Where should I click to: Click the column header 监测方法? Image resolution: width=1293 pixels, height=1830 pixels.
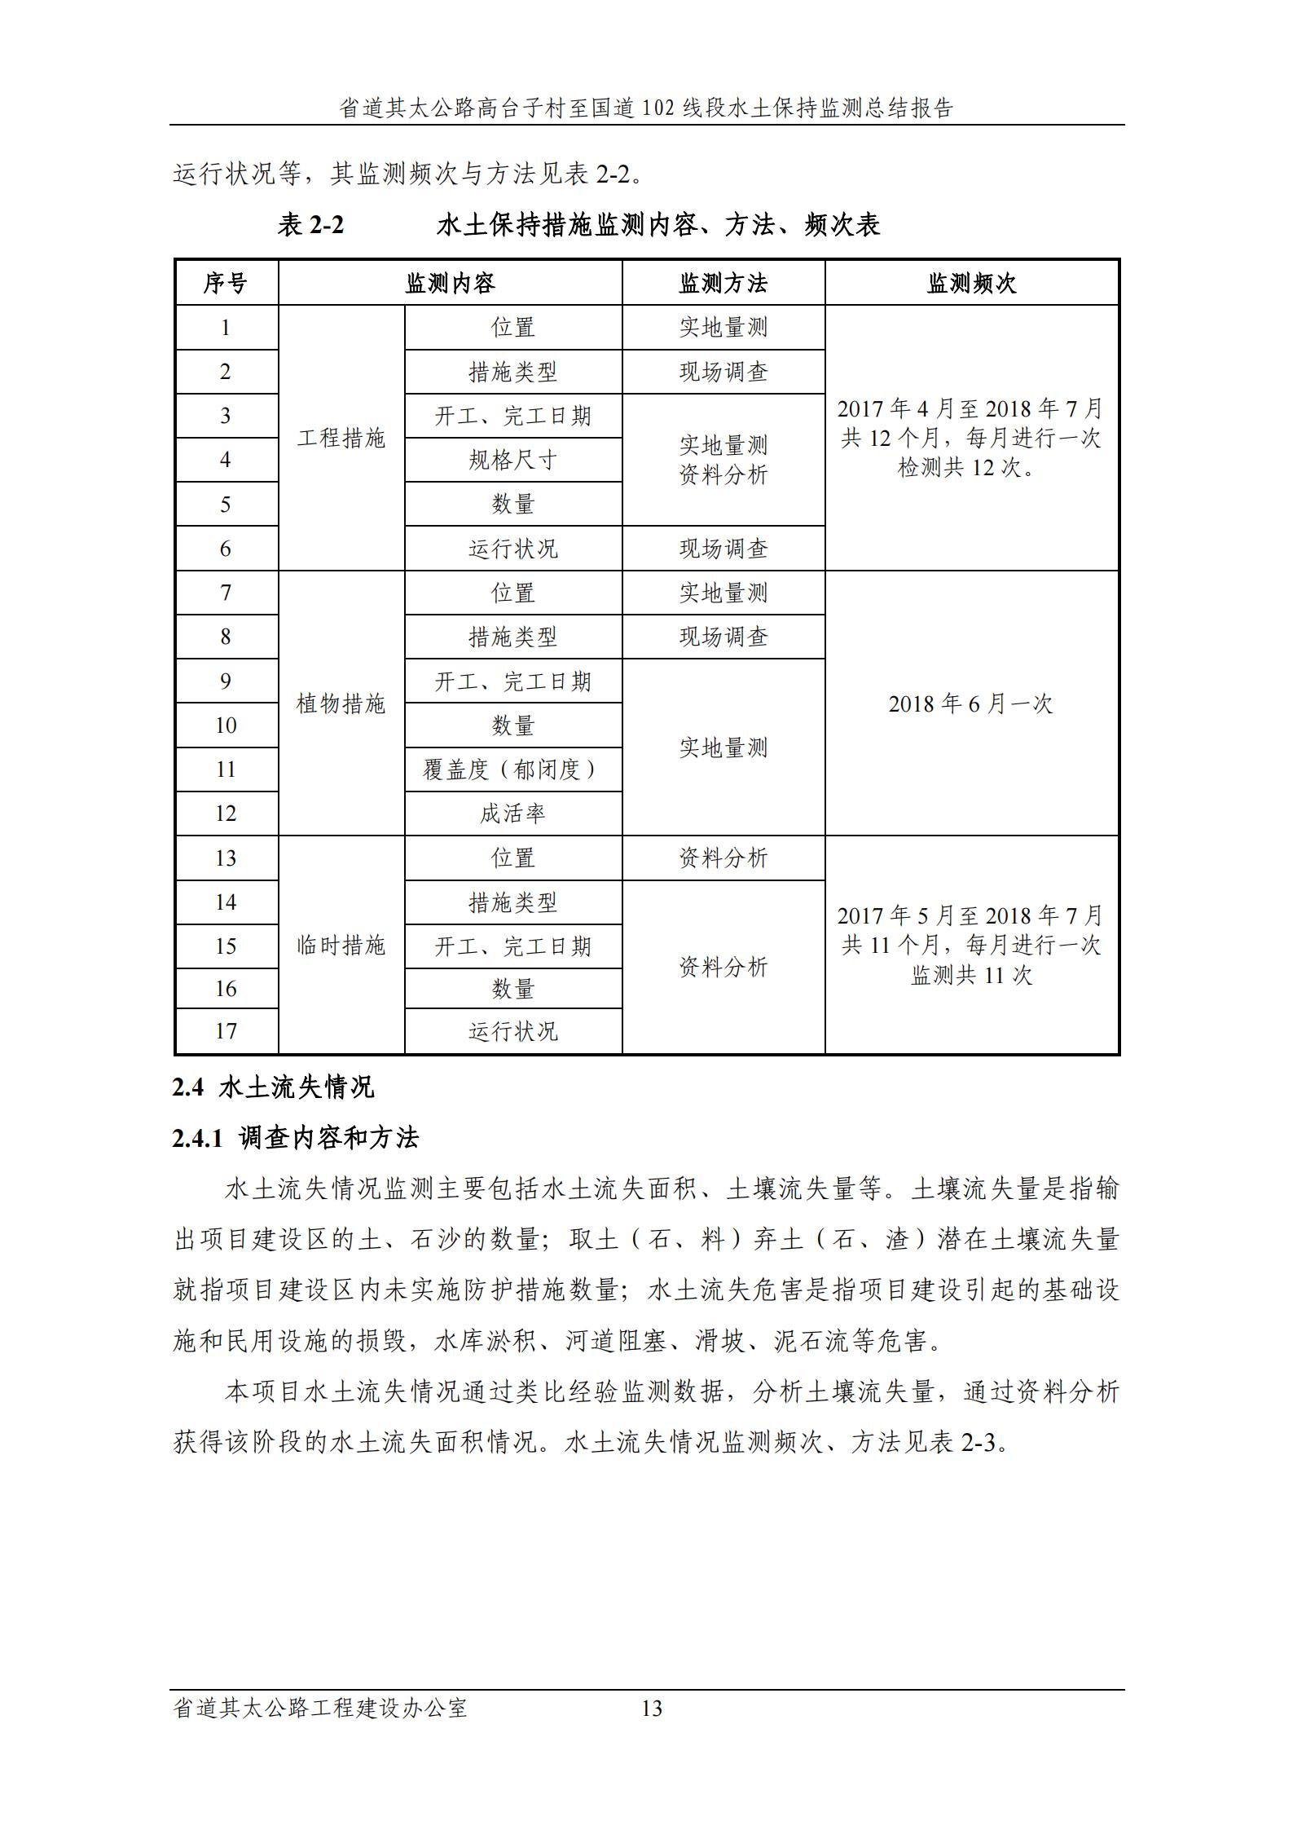(723, 284)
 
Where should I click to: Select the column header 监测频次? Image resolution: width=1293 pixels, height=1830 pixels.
(971, 284)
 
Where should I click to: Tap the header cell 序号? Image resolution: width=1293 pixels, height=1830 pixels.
(226, 284)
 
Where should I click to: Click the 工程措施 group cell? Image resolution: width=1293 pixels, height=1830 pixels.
(341, 439)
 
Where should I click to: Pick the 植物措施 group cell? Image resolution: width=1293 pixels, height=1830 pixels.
(341, 703)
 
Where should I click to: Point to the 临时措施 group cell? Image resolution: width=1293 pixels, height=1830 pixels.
(341, 946)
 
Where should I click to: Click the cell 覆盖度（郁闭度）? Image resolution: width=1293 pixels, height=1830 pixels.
(512, 769)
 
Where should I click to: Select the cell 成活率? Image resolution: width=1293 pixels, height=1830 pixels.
(512, 814)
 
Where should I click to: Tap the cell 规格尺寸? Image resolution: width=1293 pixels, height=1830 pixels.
(512, 461)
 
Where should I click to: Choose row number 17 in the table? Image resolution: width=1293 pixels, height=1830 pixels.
(226, 1031)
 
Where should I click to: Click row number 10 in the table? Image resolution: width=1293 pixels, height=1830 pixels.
(226, 725)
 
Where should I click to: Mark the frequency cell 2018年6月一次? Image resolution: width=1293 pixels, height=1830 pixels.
(970, 703)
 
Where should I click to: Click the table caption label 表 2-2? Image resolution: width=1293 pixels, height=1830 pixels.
(310, 225)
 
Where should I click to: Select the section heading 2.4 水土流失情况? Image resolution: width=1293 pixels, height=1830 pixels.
(273, 1087)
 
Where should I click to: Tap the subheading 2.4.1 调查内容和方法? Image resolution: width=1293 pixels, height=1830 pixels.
(295, 1138)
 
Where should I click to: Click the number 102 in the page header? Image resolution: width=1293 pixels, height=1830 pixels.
(659, 108)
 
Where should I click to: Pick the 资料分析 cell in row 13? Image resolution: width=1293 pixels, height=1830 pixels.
(723, 858)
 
